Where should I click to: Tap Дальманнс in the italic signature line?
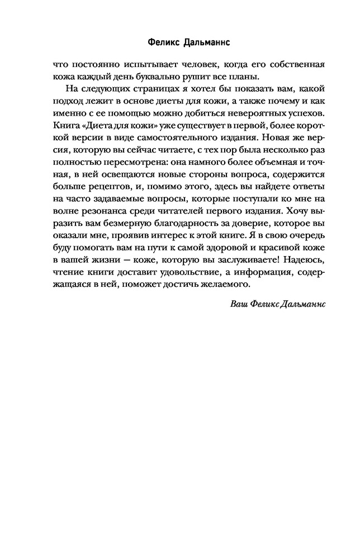pos(301,304)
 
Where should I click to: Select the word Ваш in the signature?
pos(238,304)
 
